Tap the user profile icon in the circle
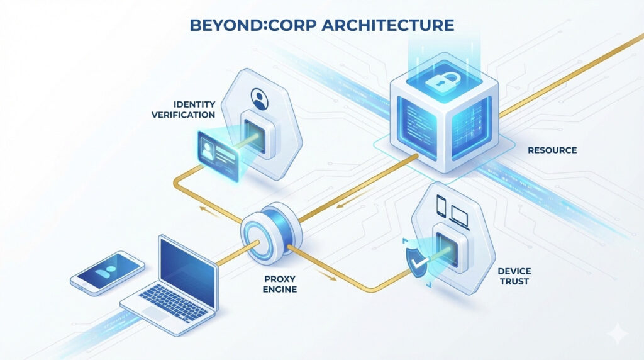click(259, 99)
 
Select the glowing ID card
click(216, 149)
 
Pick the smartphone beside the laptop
click(108, 271)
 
